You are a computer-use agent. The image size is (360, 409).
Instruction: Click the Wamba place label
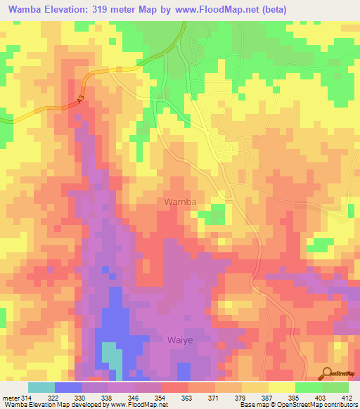(x=180, y=202)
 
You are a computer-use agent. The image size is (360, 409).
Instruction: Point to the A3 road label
(x=80, y=98)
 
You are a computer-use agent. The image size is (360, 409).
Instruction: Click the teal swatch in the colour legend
(x=41, y=387)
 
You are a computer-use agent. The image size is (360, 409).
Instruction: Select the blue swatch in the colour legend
(x=67, y=387)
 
